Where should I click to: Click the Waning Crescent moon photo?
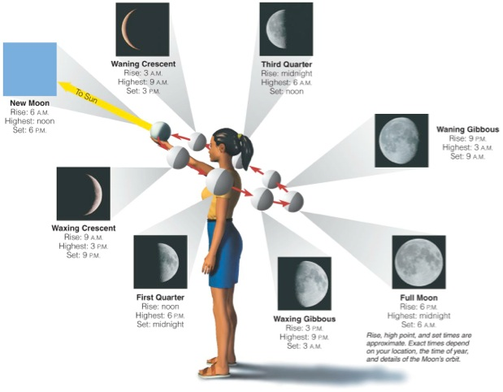[x=142, y=29]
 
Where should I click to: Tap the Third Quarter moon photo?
[x=286, y=29]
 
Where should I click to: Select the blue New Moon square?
[x=30, y=69]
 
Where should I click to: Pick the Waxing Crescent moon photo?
[x=84, y=194]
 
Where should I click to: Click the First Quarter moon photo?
[x=160, y=262]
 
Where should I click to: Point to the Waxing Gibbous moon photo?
[x=305, y=284]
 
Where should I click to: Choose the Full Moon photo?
[x=419, y=262]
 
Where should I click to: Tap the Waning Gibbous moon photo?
[x=401, y=141]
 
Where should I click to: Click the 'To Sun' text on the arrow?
[x=86, y=96]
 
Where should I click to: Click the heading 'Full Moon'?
[x=419, y=298]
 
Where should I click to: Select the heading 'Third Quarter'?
[x=287, y=64]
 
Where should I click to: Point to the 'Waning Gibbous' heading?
[x=468, y=129]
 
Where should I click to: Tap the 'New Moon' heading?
[x=30, y=103]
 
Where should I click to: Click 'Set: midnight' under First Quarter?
[x=160, y=324]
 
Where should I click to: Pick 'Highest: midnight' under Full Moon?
[x=419, y=316]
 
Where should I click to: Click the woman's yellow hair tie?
[x=239, y=136]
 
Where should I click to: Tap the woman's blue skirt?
[x=224, y=254]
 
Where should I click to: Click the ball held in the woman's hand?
[x=161, y=131]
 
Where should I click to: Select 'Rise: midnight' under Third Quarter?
[x=287, y=73]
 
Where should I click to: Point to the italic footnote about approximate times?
[x=419, y=348]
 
